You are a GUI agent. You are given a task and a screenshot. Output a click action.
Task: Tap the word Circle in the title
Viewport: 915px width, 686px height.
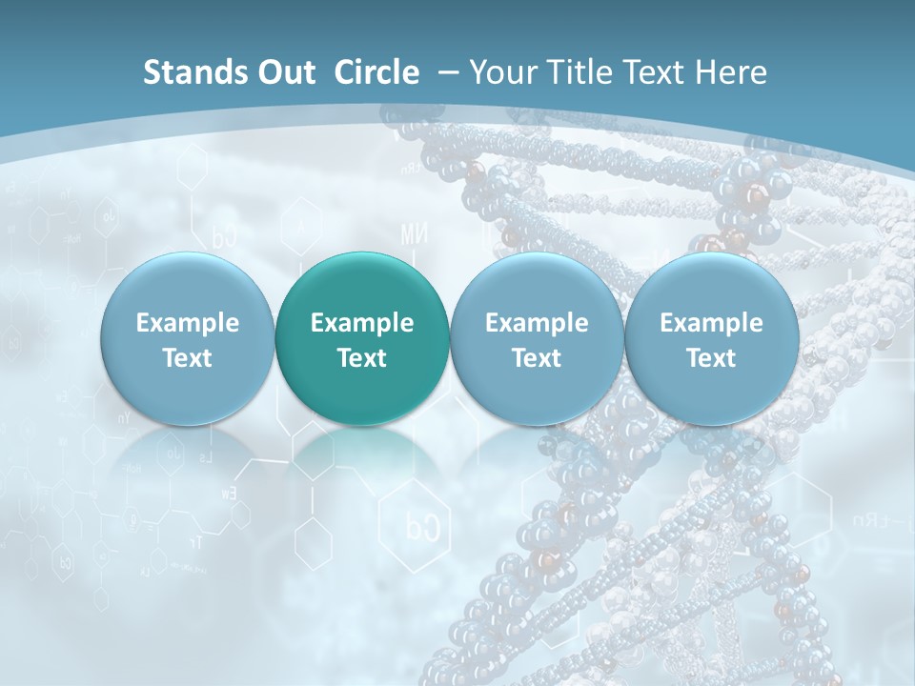pos(376,72)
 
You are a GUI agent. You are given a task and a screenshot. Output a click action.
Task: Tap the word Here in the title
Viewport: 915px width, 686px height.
pos(734,72)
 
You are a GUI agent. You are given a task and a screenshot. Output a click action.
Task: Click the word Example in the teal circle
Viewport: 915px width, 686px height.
pos(362,323)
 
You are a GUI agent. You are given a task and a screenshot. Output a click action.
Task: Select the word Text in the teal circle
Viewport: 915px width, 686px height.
pos(362,358)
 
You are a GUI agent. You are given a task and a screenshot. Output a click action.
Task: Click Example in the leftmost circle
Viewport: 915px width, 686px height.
pos(188,323)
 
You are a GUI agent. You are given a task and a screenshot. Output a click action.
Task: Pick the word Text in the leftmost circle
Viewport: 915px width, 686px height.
pos(188,358)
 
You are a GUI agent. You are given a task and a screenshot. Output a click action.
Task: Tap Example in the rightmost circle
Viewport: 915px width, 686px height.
pos(711,323)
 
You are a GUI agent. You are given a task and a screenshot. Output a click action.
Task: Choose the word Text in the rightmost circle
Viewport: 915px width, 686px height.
pos(711,358)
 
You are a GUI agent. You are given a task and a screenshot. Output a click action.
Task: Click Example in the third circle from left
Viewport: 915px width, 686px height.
pos(537,323)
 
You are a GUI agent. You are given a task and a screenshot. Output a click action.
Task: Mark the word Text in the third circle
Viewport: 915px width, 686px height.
pos(537,358)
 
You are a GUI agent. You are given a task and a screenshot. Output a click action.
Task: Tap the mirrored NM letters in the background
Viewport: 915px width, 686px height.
pos(414,233)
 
